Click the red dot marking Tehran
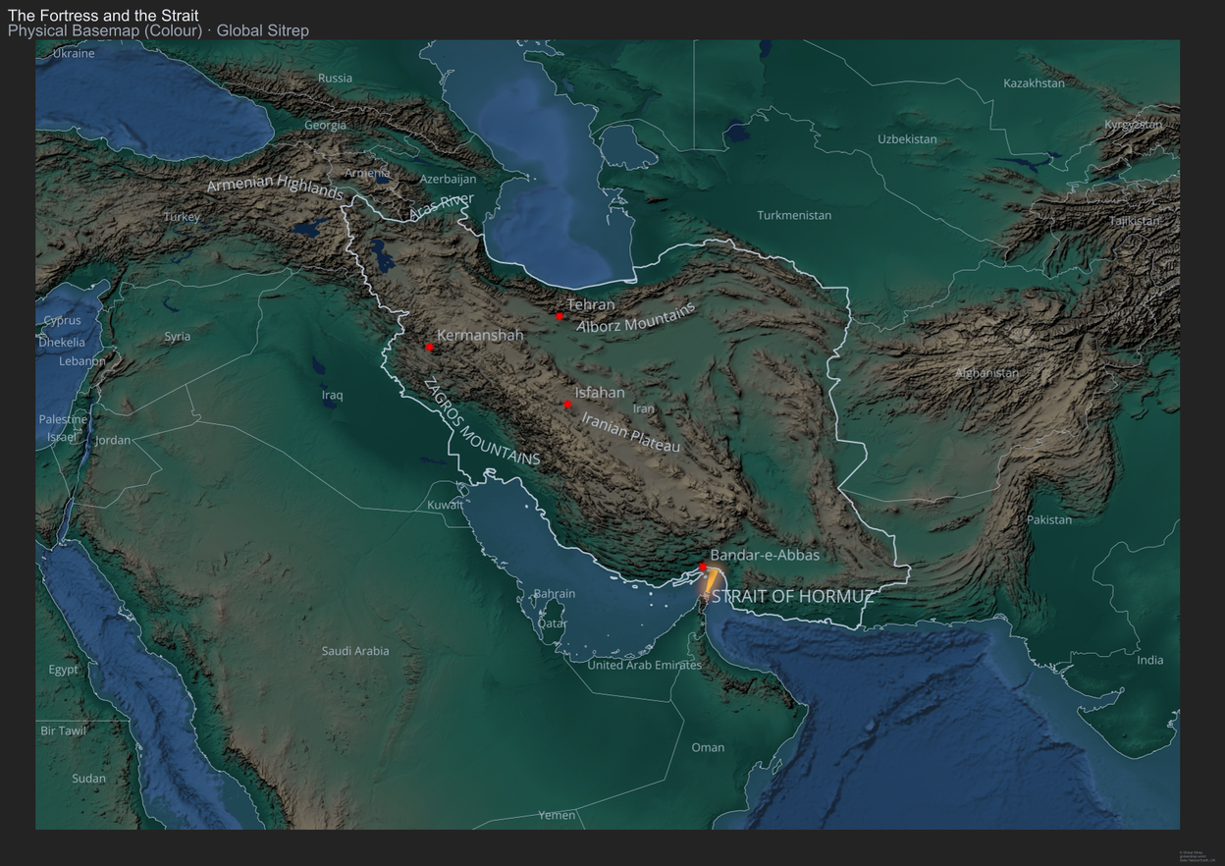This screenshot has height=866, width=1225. coord(559,316)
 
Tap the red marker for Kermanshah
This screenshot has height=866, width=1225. coord(429,347)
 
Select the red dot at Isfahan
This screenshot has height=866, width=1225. coord(567,405)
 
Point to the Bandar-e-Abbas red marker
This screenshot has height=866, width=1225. coord(703,567)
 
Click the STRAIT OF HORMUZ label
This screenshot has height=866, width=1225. coord(792,596)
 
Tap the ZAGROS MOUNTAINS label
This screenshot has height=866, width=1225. coord(481,422)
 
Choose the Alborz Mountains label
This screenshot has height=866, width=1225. coord(636,317)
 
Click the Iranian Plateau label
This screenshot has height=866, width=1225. coord(630,432)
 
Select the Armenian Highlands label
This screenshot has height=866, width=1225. coord(275,186)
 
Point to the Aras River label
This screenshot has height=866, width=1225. coord(442,205)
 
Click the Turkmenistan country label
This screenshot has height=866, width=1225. coord(794,215)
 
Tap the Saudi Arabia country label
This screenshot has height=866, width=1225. coord(355,651)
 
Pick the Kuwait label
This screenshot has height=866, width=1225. coord(445,505)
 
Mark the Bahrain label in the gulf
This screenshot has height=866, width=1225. coord(555,594)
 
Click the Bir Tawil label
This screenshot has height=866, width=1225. coord(63,731)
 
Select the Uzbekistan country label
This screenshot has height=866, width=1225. coord(907,139)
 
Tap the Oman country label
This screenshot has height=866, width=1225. coord(708,747)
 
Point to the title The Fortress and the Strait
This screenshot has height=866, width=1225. coord(103,16)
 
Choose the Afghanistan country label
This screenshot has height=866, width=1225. coord(986,373)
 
